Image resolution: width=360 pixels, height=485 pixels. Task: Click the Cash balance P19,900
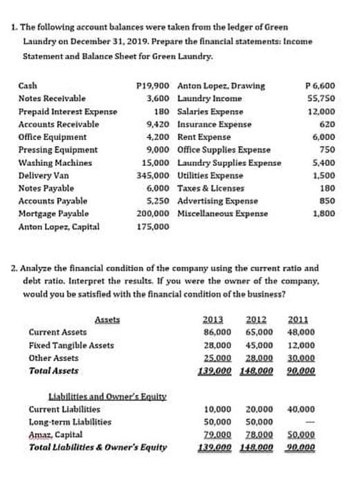pos(156,86)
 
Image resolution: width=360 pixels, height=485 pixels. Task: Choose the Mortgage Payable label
pos(53,213)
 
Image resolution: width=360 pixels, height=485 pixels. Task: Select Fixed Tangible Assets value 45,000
pos(258,345)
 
